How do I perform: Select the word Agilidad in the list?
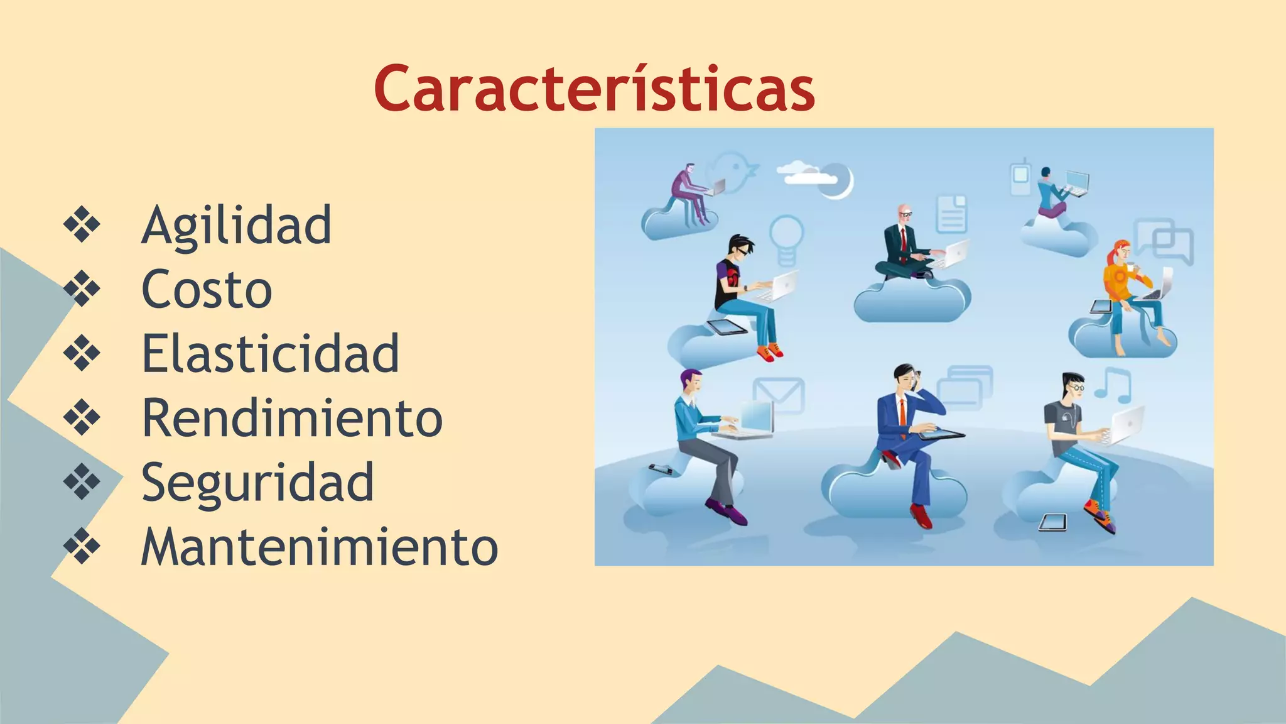click(237, 226)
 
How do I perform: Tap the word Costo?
click(207, 290)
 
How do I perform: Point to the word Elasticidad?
click(271, 354)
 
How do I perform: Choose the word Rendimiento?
click(293, 418)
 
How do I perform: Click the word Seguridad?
click(258, 483)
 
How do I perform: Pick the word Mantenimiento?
click(320, 547)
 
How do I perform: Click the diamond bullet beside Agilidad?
click(82, 224)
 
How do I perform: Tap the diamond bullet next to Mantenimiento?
click(82, 546)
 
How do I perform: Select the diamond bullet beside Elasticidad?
click(82, 353)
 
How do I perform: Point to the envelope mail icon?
click(779, 395)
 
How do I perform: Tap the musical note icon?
click(1113, 385)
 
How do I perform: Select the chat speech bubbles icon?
click(1165, 242)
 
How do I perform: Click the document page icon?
click(952, 214)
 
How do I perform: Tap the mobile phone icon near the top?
click(1020, 177)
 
